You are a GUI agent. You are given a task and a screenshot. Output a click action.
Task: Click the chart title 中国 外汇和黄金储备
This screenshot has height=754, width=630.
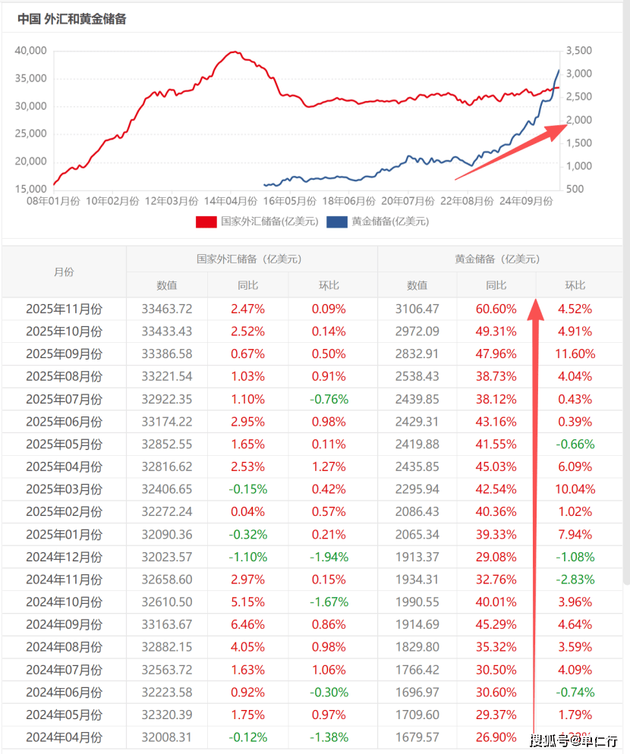point(72,19)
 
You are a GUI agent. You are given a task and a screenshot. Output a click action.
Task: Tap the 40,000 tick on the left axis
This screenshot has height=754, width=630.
point(31,51)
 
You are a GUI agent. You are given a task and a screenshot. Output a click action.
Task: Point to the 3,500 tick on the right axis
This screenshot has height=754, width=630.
point(579,51)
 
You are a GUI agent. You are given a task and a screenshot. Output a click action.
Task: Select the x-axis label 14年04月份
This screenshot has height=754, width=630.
point(231,201)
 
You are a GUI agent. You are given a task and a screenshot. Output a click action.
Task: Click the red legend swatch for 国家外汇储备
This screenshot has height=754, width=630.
point(206,221)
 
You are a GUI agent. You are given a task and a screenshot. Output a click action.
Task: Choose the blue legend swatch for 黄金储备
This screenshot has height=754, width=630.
point(337,221)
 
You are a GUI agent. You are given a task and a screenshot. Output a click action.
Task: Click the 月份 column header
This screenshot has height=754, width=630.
point(64,272)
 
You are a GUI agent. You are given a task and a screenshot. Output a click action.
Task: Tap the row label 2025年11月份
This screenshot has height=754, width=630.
point(64,309)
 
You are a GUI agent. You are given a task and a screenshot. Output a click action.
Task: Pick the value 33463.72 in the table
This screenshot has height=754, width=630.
point(167,309)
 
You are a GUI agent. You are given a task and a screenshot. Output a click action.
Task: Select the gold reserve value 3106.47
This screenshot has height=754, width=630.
point(417,309)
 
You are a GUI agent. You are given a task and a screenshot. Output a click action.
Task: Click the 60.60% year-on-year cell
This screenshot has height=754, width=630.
point(496,309)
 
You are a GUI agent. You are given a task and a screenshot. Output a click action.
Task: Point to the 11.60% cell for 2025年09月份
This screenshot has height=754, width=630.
point(575,353)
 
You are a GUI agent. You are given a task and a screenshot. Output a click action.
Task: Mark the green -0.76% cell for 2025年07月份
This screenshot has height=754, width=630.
point(329,399)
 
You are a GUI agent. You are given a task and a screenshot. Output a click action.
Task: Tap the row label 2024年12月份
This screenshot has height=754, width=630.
point(64,557)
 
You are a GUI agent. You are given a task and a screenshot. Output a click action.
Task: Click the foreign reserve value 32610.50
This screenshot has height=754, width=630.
point(167,602)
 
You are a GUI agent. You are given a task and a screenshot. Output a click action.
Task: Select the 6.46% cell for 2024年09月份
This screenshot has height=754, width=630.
point(248,624)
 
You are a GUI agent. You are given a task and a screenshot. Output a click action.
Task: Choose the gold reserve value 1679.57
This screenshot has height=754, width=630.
point(417,737)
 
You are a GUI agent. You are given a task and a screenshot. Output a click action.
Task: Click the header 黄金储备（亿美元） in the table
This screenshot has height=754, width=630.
point(497,259)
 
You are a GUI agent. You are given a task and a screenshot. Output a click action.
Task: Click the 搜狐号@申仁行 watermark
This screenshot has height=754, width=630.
point(574,740)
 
